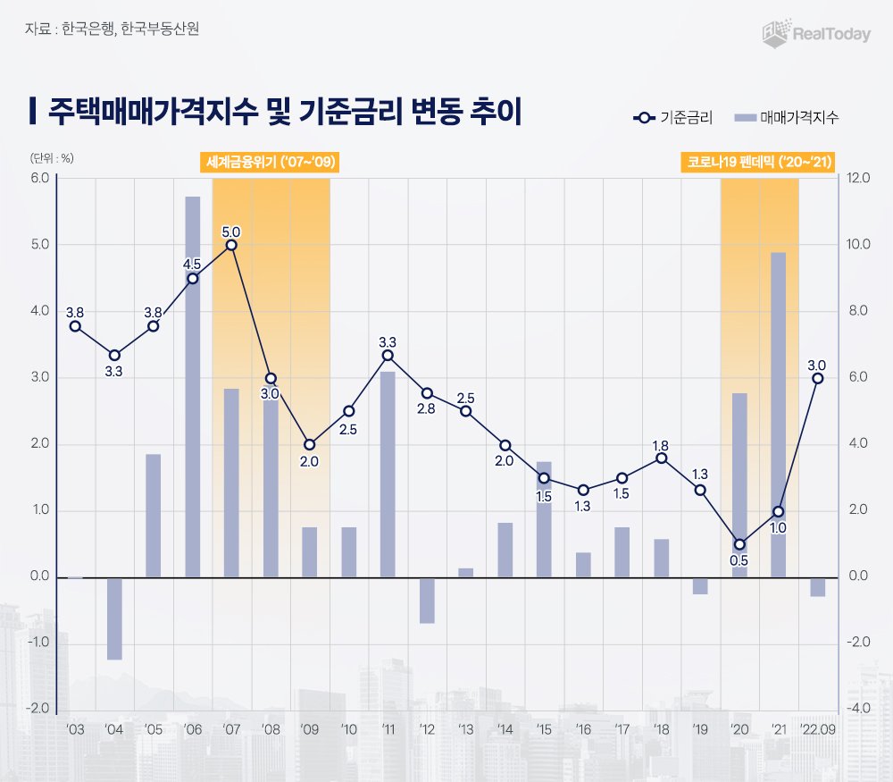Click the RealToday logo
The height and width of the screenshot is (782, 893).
coord(814,33)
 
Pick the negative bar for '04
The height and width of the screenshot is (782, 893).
coord(114,618)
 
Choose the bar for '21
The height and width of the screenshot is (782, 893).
coord(778,415)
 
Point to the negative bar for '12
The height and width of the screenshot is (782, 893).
coord(427,601)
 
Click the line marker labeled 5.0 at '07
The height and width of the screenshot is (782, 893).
coord(231,245)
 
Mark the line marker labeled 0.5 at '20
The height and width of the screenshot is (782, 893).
coord(739,544)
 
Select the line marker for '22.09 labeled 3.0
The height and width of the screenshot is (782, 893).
coord(817,378)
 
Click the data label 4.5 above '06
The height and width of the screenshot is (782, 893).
coord(192,264)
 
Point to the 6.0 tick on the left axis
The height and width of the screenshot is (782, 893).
coord(40,178)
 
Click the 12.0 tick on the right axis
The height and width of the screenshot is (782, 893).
coord(857,178)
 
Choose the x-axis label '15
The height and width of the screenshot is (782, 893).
coord(544,729)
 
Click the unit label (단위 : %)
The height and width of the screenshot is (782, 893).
coord(53,157)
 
